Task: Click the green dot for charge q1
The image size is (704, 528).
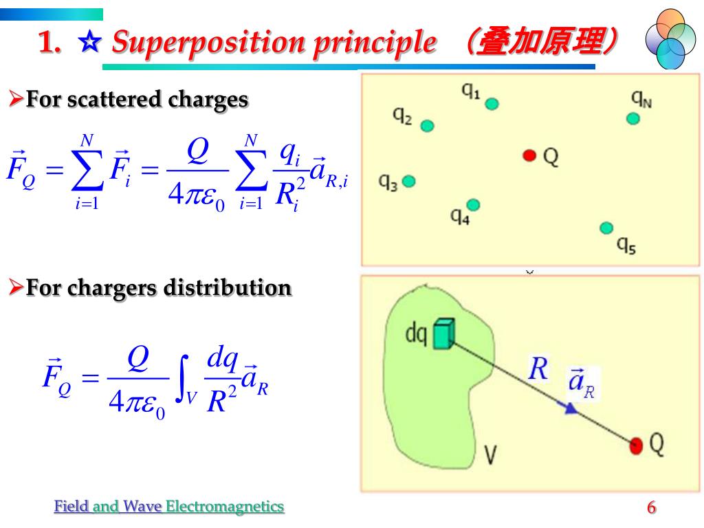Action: click(492, 104)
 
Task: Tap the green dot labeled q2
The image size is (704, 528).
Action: click(427, 126)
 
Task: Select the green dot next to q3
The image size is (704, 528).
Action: click(408, 181)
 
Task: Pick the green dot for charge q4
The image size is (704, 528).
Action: click(473, 205)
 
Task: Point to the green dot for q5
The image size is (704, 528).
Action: click(606, 228)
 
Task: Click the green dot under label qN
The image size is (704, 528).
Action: click(633, 119)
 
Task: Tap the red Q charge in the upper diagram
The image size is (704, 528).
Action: click(530, 155)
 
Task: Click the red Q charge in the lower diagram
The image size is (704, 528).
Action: click(636, 445)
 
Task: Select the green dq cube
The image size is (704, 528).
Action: click(443, 334)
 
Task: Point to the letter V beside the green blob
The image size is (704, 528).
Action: click(491, 454)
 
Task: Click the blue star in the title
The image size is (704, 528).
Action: click(90, 42)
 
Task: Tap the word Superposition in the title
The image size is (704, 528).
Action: click(208, 43)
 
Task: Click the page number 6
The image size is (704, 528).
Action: click(652, 507)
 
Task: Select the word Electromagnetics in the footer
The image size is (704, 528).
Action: click(225, 507)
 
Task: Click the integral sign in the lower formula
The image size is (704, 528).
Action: click(183, 378)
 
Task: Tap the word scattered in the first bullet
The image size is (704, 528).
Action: click(114, 99)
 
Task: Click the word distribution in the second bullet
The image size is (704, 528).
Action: click(228, 287)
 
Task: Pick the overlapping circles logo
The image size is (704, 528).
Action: click(670, 39)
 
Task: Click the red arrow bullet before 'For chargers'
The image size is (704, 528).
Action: click(16, 287)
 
